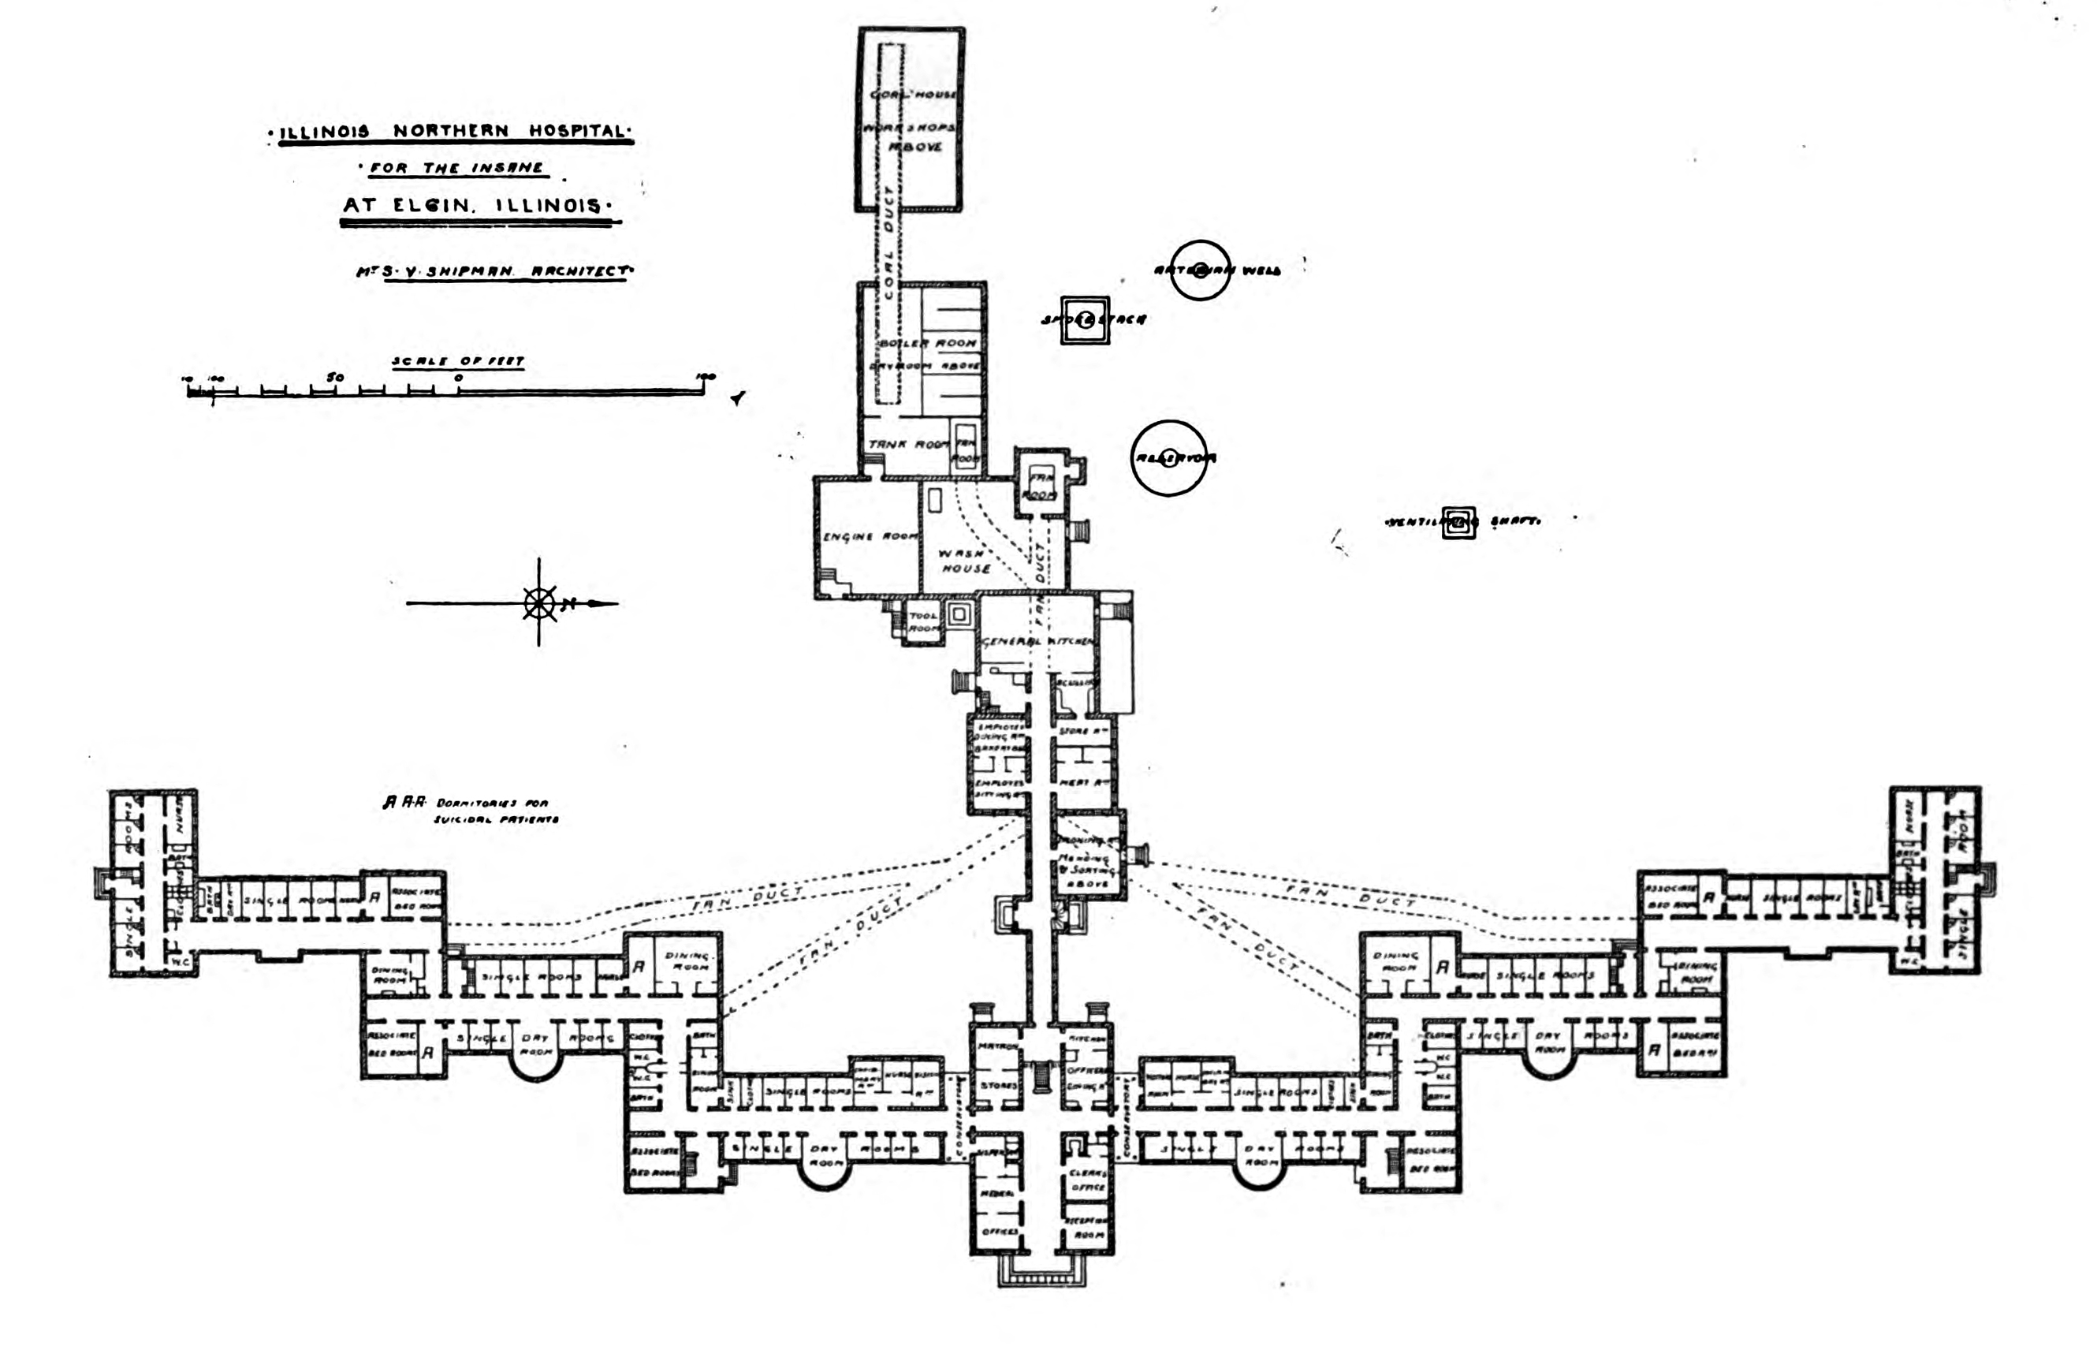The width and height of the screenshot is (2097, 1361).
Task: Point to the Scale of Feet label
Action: click(x=457, y=361)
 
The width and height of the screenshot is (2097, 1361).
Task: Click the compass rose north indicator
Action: click(x=540, y=604)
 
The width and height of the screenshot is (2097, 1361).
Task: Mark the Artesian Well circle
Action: click(x=1200, y=270)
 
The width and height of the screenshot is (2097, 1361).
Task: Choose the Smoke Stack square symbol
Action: click(x=1085, y=320)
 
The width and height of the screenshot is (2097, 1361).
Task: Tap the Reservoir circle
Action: click(x=1169, y=458)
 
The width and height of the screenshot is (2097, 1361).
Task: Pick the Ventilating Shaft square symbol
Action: click(x=1458, y=522)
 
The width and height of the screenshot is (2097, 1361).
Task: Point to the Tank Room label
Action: click(x=907, y=444)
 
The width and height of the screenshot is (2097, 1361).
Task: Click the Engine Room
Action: click(x=868, y=537)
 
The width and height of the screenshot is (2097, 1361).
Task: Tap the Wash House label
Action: click(x=965, y=561)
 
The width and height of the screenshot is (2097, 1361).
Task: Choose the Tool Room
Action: click(x=922, y=621)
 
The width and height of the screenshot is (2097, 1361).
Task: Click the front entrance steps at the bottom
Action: click(x=1041, y=1274)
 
